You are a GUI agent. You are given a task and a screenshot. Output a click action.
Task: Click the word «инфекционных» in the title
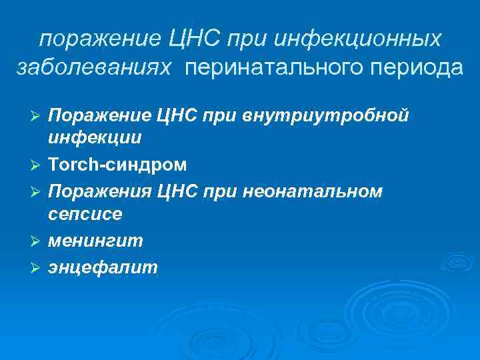click(358, 39)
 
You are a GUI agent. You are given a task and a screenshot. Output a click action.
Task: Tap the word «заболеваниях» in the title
click(95, 68)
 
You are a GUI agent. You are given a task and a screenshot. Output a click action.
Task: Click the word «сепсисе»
click(85, 214)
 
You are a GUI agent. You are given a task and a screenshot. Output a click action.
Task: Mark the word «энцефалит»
click(103, 267)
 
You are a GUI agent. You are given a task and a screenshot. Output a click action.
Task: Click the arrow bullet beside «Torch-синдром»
click(37, 164)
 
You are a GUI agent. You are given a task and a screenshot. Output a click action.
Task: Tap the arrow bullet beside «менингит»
click(37, 241)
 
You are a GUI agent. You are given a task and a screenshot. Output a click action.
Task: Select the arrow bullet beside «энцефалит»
click(37, 268)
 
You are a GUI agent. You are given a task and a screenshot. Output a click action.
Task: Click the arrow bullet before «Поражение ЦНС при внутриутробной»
click(37, 117)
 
